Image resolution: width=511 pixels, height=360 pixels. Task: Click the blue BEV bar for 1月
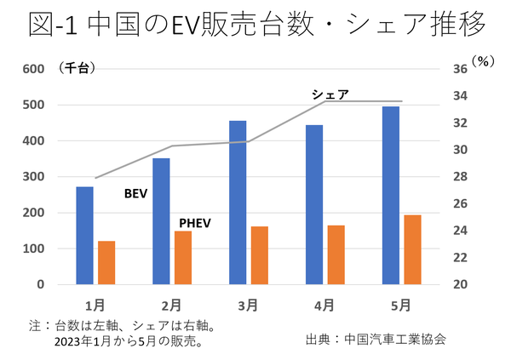pos(84,235)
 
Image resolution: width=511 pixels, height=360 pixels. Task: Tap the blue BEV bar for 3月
pos(238,203)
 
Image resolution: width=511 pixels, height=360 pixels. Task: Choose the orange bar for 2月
pos(182,257)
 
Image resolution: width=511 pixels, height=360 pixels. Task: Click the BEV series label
pos(135,194)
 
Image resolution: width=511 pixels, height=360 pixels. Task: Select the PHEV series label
pos(194,224)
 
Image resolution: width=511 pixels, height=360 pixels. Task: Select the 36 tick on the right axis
pos(456,70)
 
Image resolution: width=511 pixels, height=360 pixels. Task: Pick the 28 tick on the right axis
pos(456,177)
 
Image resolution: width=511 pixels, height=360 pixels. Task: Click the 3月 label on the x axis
pos(248,304)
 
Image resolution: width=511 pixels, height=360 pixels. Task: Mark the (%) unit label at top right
pos(483,62)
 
